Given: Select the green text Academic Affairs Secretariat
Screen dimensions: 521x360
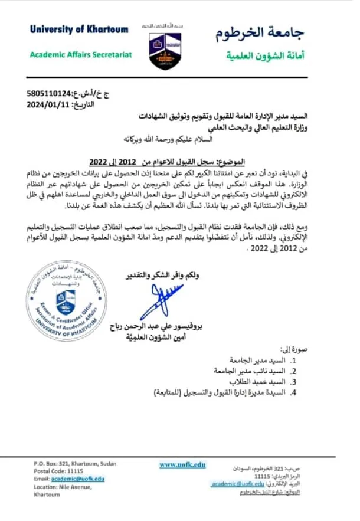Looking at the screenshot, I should coord(81,55).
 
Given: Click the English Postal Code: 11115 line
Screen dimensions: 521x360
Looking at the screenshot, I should coord(58,471).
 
